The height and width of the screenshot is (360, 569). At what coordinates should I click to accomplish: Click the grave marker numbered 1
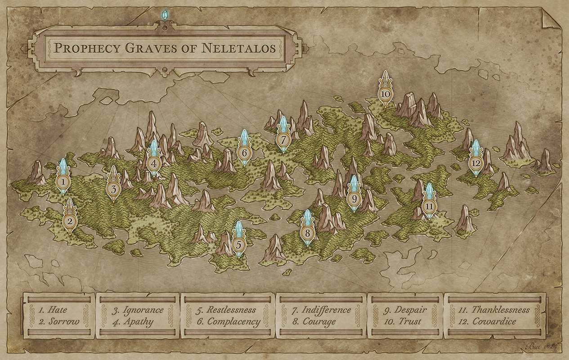coord(63,182)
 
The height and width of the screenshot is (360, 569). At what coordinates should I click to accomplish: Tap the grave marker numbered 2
coord(70,221)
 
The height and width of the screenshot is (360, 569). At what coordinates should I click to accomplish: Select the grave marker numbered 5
coord(239,245)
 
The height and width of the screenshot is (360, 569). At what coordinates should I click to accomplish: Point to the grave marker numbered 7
coord(283,139)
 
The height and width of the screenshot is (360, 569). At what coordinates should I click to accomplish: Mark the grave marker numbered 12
coord(476,163)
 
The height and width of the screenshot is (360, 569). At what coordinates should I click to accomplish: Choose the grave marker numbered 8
coord(308,233)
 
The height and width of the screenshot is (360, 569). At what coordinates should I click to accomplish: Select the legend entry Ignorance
coord(143,310)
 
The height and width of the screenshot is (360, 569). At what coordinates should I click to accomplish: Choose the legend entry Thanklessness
coord(500,310)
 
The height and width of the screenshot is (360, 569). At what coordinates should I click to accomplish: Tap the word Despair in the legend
coord(411,310)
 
